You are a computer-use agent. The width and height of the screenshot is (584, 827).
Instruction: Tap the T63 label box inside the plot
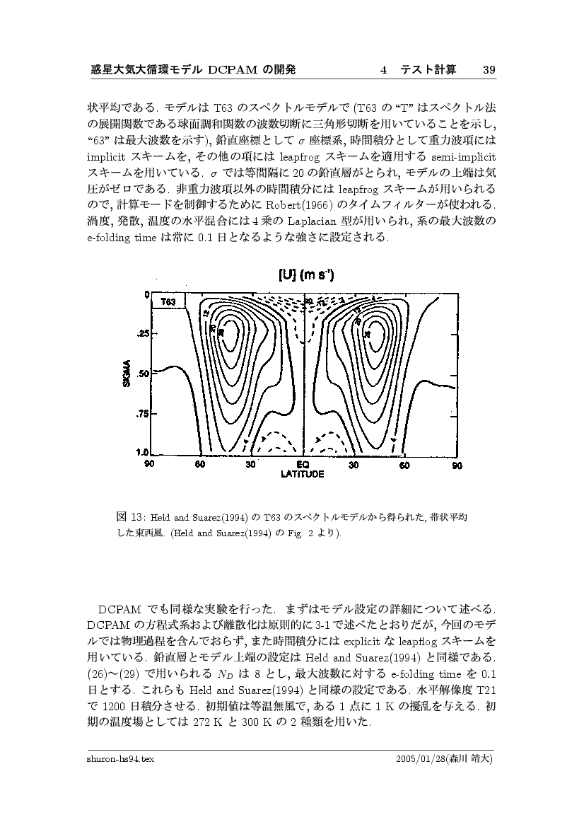tap(168, 301)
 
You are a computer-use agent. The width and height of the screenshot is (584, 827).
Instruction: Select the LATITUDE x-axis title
tap(303, 474)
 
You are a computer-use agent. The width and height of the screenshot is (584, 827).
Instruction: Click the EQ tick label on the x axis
tap(303, 465)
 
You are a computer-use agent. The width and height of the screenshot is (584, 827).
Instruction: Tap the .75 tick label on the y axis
tap(141, 414)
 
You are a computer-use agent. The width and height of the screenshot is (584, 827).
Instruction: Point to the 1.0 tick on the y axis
tap(141, 452)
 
